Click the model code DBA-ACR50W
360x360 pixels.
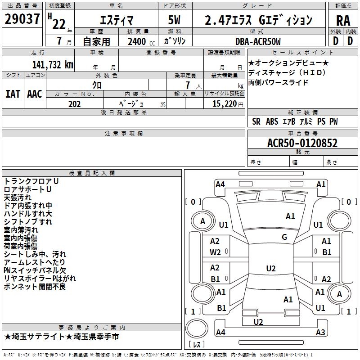[x=258, y=41]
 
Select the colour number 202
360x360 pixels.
[x=74, y=103]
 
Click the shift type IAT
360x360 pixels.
[x=13, y=94]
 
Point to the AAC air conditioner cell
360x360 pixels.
[x=35, y=94]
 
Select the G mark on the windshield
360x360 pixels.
[x=284, y=237]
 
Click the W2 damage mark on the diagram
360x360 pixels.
[x=215, y=252]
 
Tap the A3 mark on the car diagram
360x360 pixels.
[x=320, y=333]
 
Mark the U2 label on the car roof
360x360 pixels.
[x=270, y=269]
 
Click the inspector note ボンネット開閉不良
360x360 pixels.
[x=35, y=287]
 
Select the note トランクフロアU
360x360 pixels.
[x=31, y=181]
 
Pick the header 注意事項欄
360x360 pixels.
[x=123, y=134]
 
